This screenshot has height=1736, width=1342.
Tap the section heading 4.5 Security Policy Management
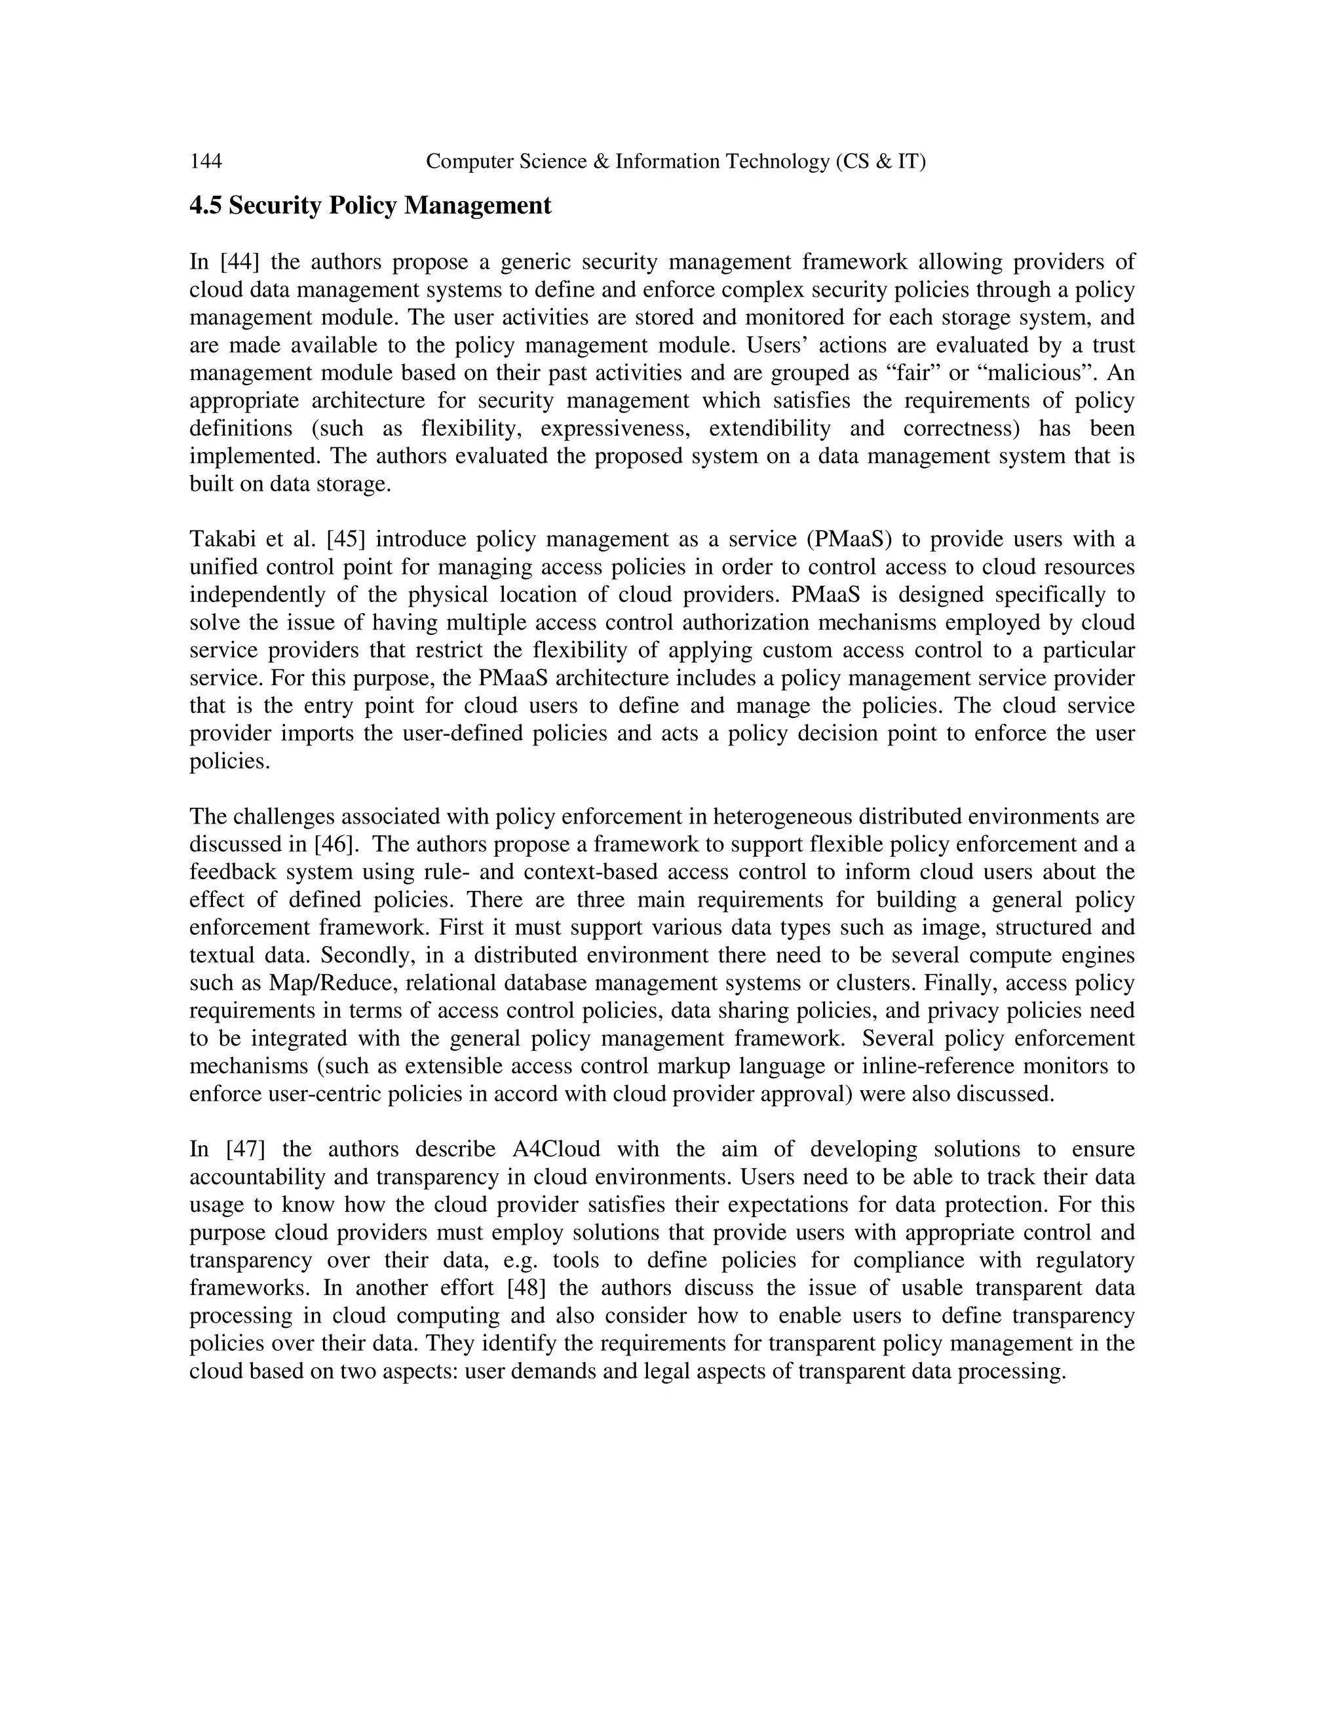coord(370,206)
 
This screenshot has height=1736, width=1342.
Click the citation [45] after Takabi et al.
coord(346,539)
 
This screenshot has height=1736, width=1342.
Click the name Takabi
coord(220,539)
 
